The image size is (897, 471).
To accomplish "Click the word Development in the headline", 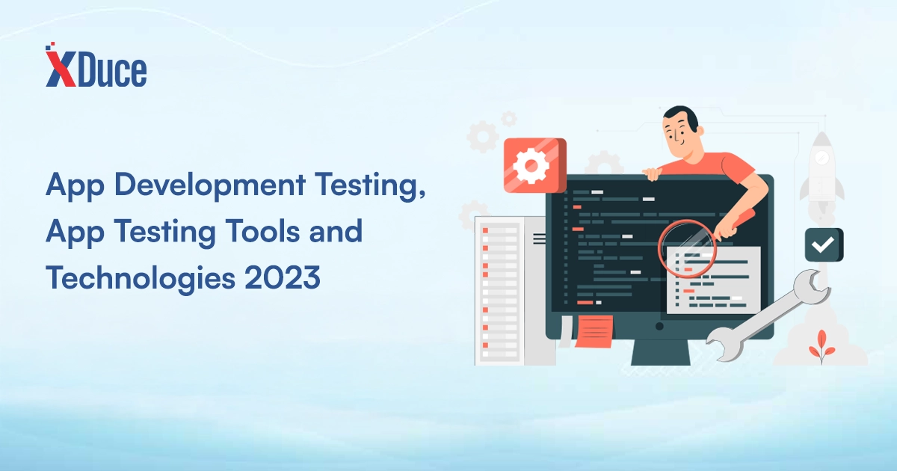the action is click(209, 186).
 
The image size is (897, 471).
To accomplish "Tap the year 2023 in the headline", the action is click(283, 277).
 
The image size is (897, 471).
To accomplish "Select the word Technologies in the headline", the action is click(141, 279).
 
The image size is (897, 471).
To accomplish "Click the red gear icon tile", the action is click(535, 165).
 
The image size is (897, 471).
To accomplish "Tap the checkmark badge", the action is click(824, 244).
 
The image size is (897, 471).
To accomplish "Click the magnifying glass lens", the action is click(687, 248).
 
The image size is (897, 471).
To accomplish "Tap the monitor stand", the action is click(661, 352).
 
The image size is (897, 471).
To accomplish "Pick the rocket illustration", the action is click(822, 172).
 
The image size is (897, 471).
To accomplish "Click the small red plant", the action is click(822, 347).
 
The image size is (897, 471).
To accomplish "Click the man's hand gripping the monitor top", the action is click(652, 173).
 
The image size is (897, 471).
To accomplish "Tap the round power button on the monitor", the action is click(659, 327).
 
